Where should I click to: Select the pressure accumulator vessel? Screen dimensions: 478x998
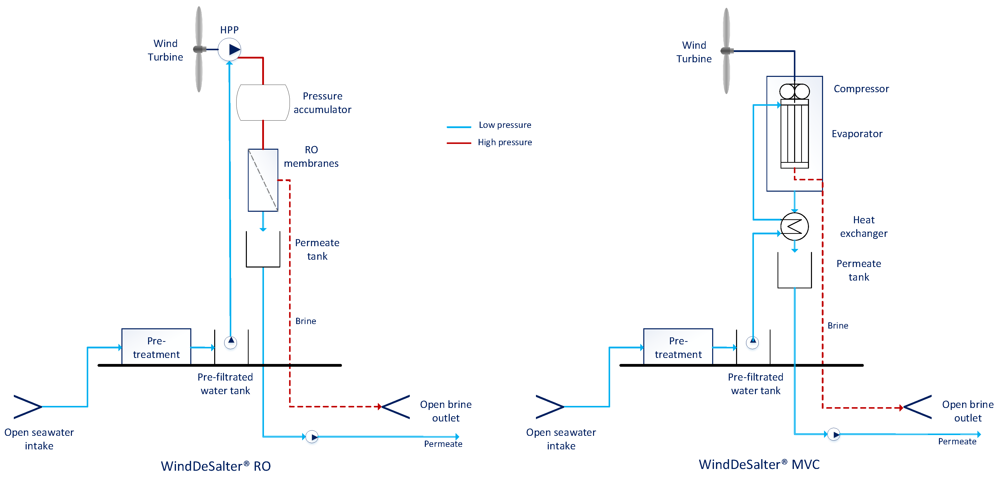(x=263, y=102)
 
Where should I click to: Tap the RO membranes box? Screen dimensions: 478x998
(x=263, y=180)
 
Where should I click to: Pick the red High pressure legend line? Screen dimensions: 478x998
(x=459, y=143)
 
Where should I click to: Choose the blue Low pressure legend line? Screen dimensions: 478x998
(x=459, y=127)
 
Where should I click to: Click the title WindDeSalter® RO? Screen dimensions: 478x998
(x=216, y=466)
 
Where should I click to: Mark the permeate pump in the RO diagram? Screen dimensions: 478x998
(x=312, y=437)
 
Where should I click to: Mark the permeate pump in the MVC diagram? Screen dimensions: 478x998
(x=834, y=434)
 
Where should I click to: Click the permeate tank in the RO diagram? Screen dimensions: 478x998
(x=263, y=250)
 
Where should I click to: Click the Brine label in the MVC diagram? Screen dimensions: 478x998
(x=838, y=326)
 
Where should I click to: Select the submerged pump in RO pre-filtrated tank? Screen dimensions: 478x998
(x=231, y=342)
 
